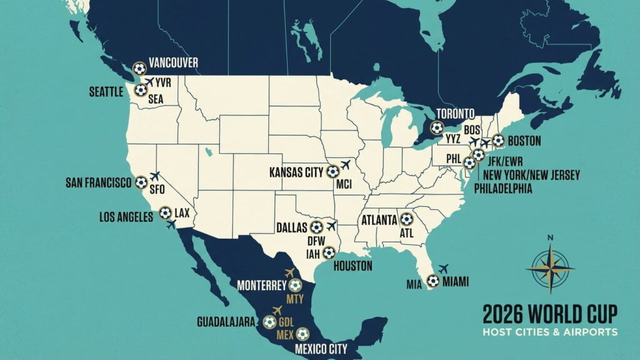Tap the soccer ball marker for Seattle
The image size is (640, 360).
(x=141, y=90)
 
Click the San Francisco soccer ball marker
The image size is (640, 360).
(x=141, y=182)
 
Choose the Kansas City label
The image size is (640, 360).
(x=297, y=171)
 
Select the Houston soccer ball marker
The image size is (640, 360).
(x=329, y=253)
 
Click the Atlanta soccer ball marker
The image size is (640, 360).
(x=407, y=219)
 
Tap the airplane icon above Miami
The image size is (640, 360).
(x=444, y=268)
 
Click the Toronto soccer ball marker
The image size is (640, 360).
(x=437, y=127)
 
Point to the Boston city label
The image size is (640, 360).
(x=524, y=141)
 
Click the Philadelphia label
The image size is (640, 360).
(x=503, y=188)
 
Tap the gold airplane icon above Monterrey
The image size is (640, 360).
(x=289, y=272)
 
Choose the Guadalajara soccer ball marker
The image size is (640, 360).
(x=269, y=322)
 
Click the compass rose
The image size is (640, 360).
(x=550, y=267)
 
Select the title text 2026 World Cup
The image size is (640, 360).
(x=549, y=312)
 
